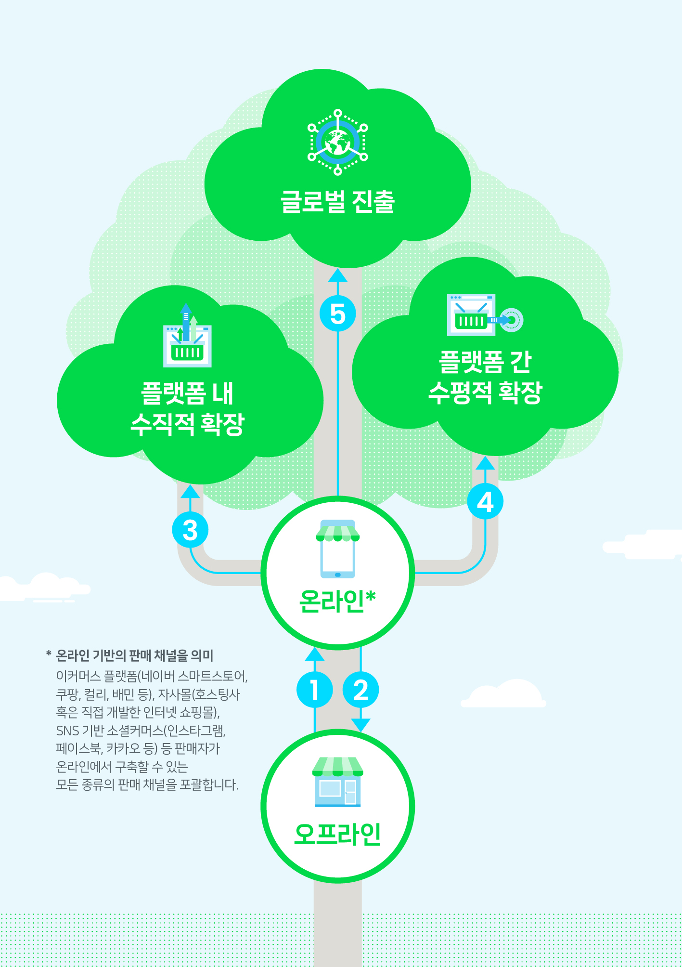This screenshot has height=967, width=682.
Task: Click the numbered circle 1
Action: (315, 690)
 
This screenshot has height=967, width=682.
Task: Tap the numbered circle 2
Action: (361, 690)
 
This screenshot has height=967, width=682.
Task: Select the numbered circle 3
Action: (190, 530)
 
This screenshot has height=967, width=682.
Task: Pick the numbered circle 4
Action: (485, 501)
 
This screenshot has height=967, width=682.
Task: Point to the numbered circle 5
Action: (338, 314)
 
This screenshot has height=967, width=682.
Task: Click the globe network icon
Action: (338, 142)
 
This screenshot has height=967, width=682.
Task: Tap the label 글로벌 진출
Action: (338, 202)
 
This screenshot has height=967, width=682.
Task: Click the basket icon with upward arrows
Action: (188, 335)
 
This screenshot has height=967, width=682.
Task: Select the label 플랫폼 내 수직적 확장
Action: (188, 409)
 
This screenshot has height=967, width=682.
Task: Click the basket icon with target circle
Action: (485, 314)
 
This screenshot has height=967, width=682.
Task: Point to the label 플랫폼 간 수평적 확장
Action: (485, 377)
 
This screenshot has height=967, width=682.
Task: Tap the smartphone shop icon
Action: (338, 549)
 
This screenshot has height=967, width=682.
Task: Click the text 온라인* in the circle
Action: (337, 601)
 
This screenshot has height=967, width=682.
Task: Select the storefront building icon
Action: (338, 782)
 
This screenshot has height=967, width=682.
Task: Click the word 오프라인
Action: (338, 834)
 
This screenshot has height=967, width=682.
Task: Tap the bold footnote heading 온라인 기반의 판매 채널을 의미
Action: (135, 655)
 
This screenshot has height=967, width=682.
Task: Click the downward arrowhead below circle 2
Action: (361, 725)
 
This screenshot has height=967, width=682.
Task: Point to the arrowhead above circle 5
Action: (338, 275)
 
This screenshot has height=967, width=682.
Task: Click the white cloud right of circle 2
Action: (503, 693)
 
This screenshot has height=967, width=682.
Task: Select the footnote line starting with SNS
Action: (141, 731)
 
